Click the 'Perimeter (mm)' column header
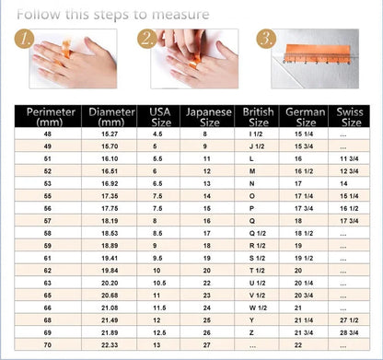pyautogui.click(x=46, y=117)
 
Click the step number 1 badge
pyautogui.click(x=26, y=40)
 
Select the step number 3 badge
pyautogui.click(x=266, y=40)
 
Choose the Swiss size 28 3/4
pyautogui.click(x=349, y=331)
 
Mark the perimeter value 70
pyautogui.click(x=47, y=343)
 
